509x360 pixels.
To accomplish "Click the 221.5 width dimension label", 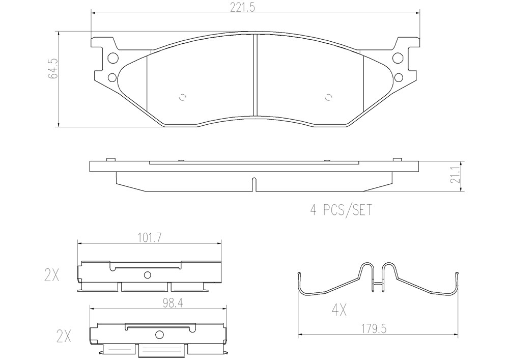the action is point(242,7).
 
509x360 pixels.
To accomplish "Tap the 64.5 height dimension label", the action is point(53,69).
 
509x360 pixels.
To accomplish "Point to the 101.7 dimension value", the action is point(149,238).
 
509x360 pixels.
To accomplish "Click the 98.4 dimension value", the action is point(173,303).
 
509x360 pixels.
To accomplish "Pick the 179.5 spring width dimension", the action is point(374,329).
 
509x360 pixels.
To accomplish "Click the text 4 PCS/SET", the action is point(341,210).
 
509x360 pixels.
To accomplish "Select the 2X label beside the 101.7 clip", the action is point(51,275).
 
